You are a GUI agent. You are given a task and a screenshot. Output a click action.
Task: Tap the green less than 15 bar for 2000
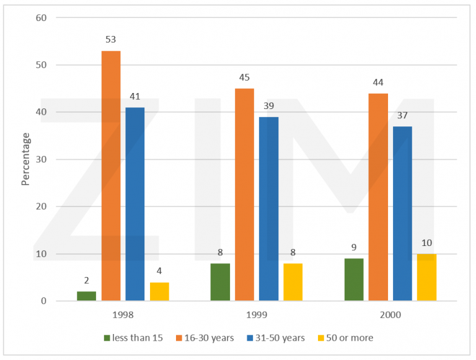[354, 279]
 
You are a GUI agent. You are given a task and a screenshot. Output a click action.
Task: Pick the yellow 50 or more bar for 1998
[159, 292]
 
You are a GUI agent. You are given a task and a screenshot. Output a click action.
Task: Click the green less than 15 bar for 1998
[87, 296]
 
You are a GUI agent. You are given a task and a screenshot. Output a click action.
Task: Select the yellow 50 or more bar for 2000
[426, 278]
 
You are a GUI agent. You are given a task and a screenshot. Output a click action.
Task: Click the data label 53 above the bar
[111, 40]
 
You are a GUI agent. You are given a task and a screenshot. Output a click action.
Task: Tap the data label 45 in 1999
[244, 77]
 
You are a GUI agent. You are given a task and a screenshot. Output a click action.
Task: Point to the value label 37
[402, 115]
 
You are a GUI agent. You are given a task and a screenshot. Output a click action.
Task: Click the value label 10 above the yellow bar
[426, 243]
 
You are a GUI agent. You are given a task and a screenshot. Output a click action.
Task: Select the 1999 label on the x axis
[257, 315]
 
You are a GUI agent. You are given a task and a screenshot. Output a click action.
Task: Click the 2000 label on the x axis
[390, 315]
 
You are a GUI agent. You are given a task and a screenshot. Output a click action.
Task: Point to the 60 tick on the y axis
[41, 17]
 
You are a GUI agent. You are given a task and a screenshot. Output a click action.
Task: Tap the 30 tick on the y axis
[41, 159]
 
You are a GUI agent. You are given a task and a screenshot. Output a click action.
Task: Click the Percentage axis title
[25, 159]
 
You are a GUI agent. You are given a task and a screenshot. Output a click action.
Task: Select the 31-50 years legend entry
[279, 338]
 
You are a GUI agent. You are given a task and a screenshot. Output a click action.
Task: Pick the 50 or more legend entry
[346, 338]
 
